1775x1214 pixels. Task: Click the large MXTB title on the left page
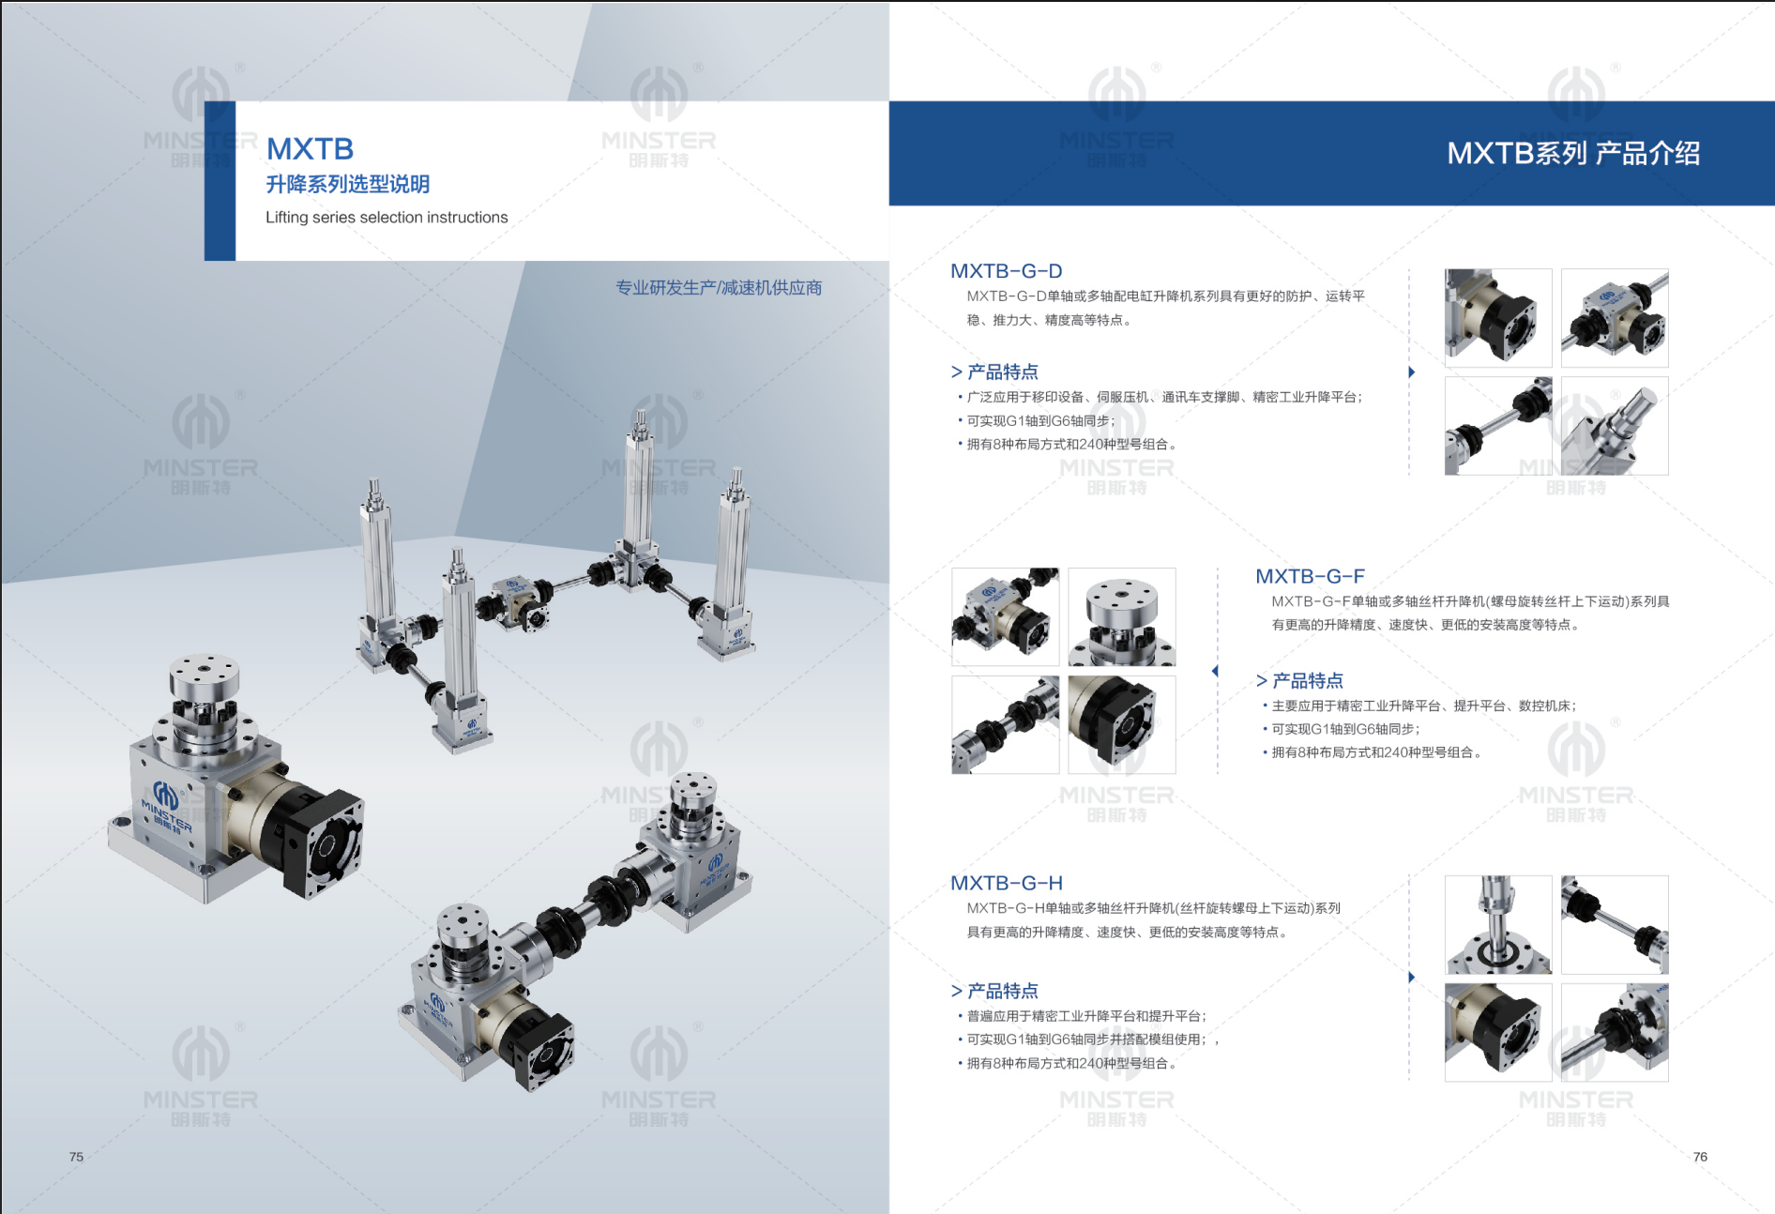tap(311, 148)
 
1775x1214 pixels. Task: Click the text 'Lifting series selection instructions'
tap(387, 217)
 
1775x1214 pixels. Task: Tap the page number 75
tap(76, 1157)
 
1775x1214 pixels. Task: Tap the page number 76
tap(1700, 1157)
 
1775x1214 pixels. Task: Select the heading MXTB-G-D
tap(1007, 271)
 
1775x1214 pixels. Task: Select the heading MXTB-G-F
tap(1310, 576)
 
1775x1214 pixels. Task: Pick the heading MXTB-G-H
tap(1007, 883)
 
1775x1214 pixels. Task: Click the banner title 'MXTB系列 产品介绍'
tap(1573, 153)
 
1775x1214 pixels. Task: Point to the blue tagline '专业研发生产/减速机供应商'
tap(719, 288)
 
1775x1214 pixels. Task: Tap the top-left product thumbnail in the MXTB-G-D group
tap(1498, 318)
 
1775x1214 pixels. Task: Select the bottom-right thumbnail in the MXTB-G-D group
tap(1615, 426)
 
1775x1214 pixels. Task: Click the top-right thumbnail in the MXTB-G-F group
tap(1122, 617)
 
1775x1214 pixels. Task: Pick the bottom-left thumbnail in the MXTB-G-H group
tap(1498, 1032)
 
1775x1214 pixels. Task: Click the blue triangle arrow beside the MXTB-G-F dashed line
tap(1215, 671)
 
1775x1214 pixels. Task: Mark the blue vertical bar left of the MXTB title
tap(220, 181)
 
